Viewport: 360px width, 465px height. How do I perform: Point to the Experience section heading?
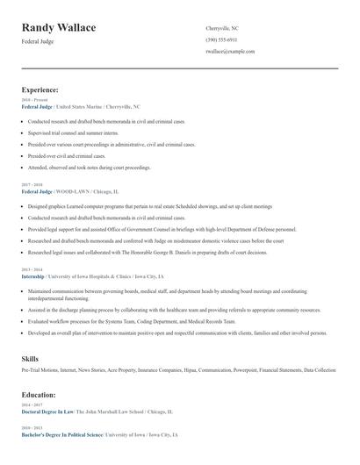(x=40, y=89)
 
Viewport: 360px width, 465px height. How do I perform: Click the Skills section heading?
(x=30, y=359)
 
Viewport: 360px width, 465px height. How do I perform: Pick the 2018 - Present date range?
(x=32, y=100)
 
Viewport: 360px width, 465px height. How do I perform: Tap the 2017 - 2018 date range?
(x=31, y=183)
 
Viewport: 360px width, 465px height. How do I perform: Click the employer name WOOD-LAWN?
(x=72, y=191)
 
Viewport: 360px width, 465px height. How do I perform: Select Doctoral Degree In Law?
(x=47, y=411)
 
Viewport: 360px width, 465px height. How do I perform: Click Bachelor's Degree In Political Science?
(x=62, y=434)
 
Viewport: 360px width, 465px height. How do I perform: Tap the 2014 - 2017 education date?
(x=31, y=404)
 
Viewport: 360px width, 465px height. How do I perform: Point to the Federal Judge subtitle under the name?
(x=37, y=41)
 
